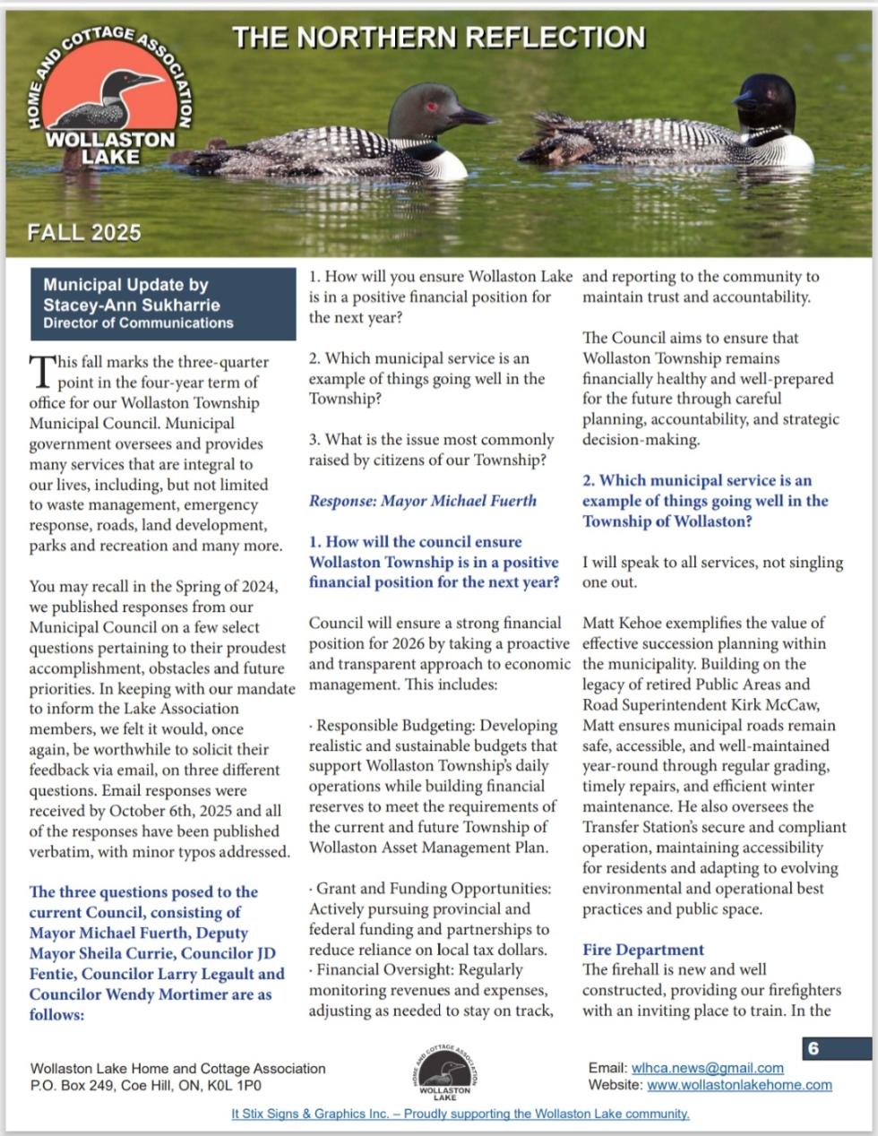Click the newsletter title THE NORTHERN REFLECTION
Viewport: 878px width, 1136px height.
(x=438, y=37)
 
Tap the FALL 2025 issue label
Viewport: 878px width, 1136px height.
(x=84, y=232)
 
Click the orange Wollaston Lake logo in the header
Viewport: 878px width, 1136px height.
(x=111, y=99)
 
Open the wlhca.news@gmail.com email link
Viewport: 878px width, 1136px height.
(x=707, y=1068)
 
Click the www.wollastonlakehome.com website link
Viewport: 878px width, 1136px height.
(x=739, y=1085)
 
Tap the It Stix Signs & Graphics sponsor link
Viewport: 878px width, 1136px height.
(x=460, y=1114)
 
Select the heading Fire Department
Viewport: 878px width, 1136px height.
(x=643, y=950)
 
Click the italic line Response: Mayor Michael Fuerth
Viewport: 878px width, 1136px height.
(x=422, y=500)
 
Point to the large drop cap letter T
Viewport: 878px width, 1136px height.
(x=39, y=369)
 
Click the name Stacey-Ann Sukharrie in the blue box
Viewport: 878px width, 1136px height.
(x=132, y=305)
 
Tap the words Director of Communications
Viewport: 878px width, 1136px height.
(x=138, y=323)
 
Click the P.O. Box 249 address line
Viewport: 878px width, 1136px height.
(x=146, y=1086)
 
